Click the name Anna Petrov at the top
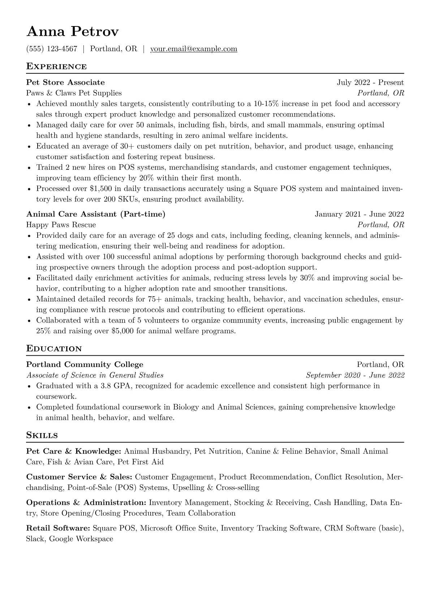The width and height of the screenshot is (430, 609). pyautogui.click(x=72, y=32)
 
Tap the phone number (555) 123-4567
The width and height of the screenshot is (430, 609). pyautogui.click(x=52, y=49)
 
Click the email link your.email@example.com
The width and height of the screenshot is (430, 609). pyautogui.click(x=193, y=49)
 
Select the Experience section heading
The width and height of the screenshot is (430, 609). pyautogui.click(x=56, y=67)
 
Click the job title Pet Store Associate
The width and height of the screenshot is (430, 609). pyautogui.click(x=65, y=83)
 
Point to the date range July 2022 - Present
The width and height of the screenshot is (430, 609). pyautogui.click(x=370, y=83)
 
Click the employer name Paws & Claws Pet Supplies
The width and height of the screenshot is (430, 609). pyautogui.click(x=74, y=93)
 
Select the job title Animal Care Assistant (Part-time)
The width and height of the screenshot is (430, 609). pyautogui.click(x=95, y=214)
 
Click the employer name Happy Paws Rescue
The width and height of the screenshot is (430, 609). pyautogui.click(x=61, y=225)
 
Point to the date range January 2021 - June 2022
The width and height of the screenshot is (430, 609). pyautogui.click(x=359, y=214)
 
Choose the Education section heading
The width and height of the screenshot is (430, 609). pyautogui.click(x=54, y=349)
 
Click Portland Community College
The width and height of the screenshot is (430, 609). pyautogui.click(x=85, y=364)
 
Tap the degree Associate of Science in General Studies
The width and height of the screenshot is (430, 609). pyautogui.click(x=95, y=375)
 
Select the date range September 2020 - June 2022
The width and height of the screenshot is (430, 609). pyautogui.click(x=355, y=375)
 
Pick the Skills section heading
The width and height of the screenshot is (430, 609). pyautogui.click(x=42, y=435)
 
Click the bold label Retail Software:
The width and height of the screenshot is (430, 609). pyautogui.click(x=58, y=528)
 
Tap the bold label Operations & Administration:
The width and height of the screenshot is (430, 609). pyautogui.click(x=86, y=503)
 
